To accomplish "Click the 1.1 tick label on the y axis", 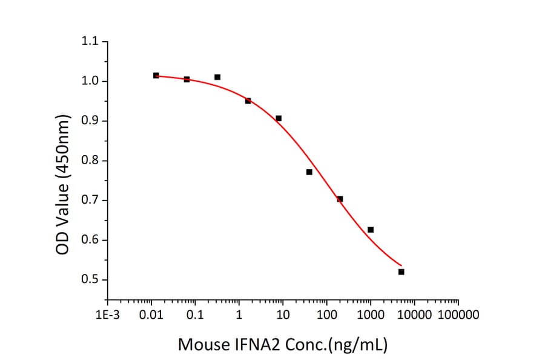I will pos(90,42).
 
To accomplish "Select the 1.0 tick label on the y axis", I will pos(90,81).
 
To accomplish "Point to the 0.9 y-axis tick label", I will pos(90,121).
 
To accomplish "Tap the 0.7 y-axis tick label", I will pos(90,201).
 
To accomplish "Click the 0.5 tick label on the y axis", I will pos(90,280).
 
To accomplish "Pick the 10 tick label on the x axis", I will pos(282,315).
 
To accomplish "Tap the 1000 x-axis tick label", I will pos(370,315).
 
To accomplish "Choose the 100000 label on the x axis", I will pos(458,315).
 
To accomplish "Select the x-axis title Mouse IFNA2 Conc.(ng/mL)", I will pos(282,345).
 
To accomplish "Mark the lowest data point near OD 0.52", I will pos(401,272).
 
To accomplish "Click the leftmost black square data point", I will pos(156,76).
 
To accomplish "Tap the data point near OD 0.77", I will pos(309,172).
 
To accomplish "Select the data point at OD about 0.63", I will pos(371,230).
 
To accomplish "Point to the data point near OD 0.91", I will pos(279,118).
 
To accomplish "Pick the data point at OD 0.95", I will pos(248,101).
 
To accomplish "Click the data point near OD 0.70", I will pos(340,199).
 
